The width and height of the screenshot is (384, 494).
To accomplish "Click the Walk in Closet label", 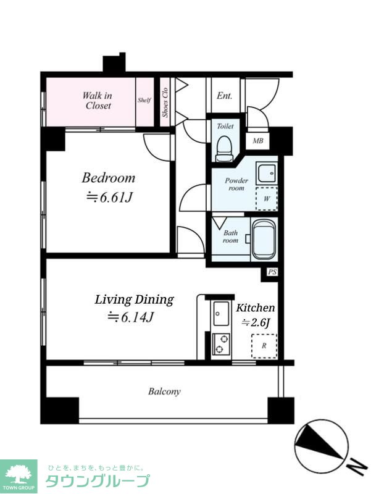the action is pos(98,100).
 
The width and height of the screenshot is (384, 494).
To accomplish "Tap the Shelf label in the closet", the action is pos(144,100).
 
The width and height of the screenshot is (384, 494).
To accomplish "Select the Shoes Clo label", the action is pos(165,103).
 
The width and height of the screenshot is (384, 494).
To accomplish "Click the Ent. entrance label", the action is pos(224,96).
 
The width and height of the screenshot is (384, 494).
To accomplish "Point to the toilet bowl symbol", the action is pos(224,148).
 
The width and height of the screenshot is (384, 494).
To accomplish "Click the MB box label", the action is pos(258,141).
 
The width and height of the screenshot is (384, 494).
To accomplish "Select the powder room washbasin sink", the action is pos(267,174).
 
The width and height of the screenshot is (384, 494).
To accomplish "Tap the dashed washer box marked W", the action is pos(267,199).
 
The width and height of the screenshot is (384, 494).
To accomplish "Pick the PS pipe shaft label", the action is pos(272,272).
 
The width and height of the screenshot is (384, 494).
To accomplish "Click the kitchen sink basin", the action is pos(221,314).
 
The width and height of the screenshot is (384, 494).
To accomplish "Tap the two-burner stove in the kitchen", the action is pos(221,344).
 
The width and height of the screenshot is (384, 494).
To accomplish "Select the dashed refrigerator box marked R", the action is pos(264,346).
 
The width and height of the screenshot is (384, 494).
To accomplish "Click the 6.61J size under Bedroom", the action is pos(109,198).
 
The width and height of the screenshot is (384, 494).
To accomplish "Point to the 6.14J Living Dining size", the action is pos(130,317).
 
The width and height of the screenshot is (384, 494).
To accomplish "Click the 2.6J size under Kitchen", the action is pos(256,322).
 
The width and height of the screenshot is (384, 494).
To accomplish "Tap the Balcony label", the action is pos(164,391).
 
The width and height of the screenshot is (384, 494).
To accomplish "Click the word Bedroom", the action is pos(109,178).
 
